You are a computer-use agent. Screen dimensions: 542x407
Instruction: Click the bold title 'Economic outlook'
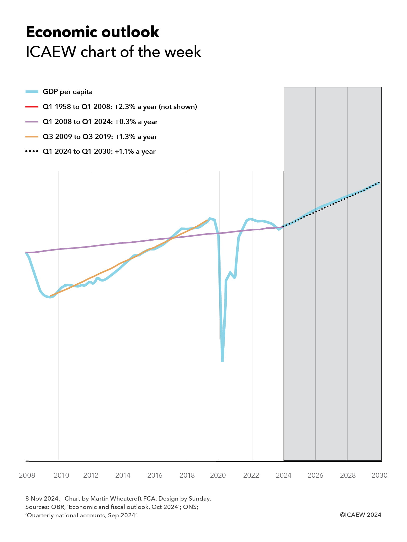point(93,32)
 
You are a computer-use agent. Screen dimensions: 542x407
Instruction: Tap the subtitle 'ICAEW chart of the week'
point(113,52)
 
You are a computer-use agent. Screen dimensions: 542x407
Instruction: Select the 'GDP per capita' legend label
point(67,92)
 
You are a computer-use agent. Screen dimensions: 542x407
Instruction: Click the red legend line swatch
point(32,107)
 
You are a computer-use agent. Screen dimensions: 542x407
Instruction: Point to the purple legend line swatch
point(32,122)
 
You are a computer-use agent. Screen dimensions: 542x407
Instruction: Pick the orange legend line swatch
point(32,137)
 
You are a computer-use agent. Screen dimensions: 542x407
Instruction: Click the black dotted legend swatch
point(32,151)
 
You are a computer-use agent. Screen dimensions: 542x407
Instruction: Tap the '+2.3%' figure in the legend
point(125,107)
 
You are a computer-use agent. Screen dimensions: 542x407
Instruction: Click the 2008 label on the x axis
point(27,475)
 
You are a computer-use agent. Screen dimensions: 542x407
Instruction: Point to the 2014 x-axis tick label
point(123,475)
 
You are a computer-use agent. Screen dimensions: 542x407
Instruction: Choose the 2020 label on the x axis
point(218,475)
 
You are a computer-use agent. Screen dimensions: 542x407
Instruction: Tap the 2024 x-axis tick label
point(284,475)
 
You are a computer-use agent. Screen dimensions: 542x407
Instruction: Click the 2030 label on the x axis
point(379,475)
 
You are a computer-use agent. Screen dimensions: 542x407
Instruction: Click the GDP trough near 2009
point(50,297)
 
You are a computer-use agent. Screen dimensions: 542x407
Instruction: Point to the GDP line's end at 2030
point(379,183)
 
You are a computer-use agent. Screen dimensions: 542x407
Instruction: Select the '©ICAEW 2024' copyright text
point(360,515)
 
